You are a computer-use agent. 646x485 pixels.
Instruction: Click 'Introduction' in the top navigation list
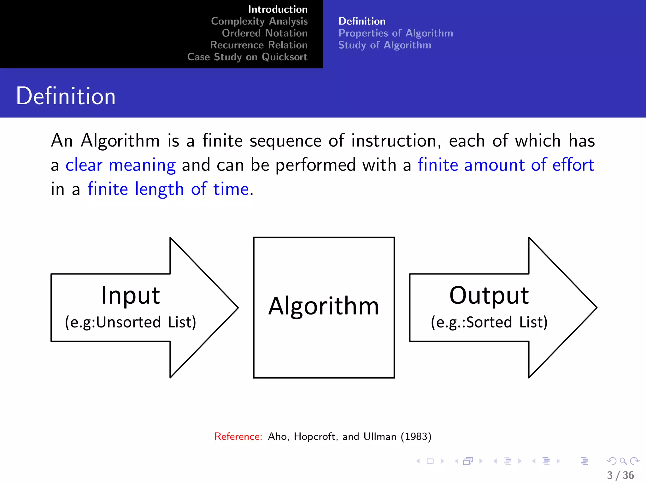coord(278,9)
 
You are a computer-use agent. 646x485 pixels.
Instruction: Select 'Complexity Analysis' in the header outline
coord(259,21)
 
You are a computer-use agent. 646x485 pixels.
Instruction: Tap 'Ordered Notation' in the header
coord(264,33)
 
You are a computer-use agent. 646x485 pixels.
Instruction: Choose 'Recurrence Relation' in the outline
coord(259,45)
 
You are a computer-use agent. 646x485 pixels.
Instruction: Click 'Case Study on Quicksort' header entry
coord(247,57)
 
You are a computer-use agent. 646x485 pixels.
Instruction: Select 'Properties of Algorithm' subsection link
coord(396,33)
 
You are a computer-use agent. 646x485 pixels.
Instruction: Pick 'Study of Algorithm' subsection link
coord(385,45)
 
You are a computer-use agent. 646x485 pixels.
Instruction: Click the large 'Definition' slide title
coord(66,96)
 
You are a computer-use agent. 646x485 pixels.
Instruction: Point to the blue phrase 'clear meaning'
coord(120,165)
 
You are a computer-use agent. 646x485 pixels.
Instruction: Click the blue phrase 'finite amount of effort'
coord(506,165)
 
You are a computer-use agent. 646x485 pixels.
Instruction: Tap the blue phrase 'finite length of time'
coord(168,189)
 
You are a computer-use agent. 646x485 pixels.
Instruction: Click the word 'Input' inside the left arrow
coord(131,296)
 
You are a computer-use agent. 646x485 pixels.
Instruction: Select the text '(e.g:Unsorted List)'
coord(131,322)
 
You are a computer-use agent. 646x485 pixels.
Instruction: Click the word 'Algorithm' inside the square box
coord(324,306)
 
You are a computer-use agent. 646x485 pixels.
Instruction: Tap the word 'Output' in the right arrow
coord(489,296)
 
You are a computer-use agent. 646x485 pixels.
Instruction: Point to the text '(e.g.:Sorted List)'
coord(489,322)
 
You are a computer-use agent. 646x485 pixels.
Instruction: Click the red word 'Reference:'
coord(238,436)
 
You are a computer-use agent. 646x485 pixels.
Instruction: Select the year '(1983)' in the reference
coord(416,436)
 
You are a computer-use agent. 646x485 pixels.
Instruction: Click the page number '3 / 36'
coord(620,475)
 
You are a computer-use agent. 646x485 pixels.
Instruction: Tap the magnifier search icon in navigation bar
coord(623,461)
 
